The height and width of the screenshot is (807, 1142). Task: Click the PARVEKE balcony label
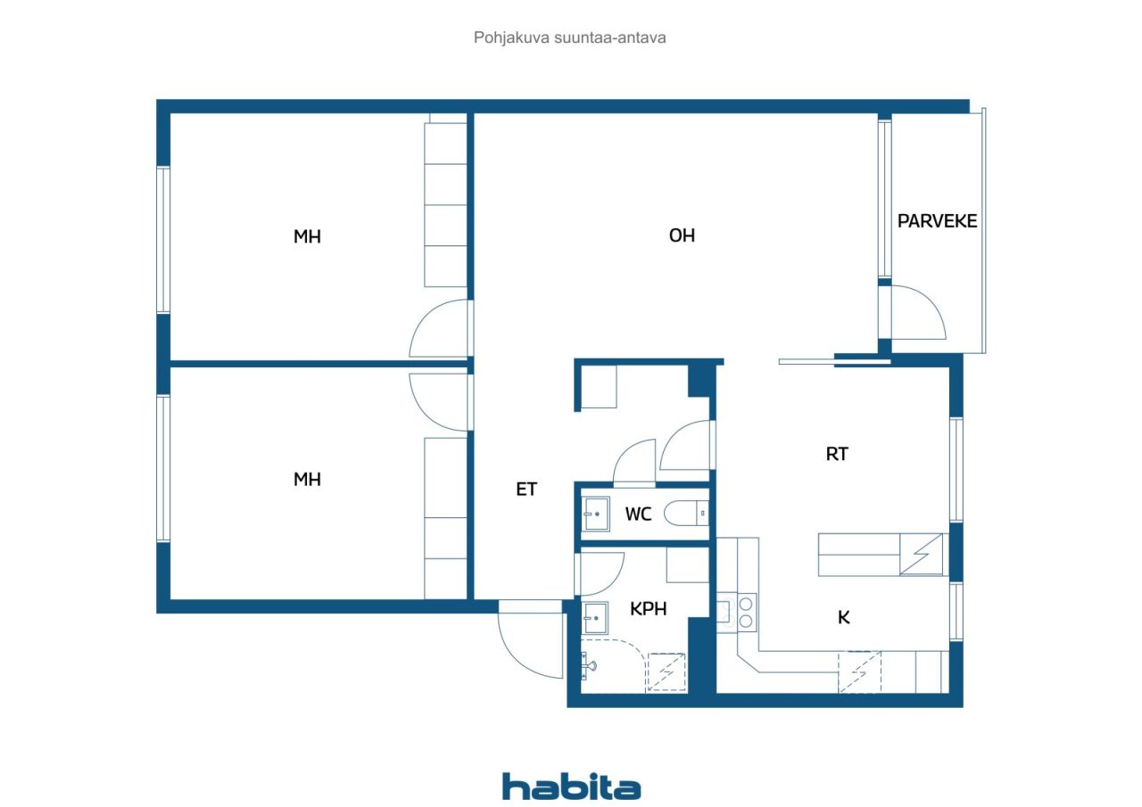click(x=937, y=221)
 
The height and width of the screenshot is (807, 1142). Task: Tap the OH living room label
click(x=682, y=236)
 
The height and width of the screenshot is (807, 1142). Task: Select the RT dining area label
click(x=836, y=454)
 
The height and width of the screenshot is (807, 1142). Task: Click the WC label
click(x=638, y=515)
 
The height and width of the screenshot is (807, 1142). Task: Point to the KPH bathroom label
click(x=649, y=609)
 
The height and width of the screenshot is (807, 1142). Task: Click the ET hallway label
click(x=526, y=489)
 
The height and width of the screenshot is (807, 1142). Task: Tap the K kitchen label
click(x=843, y=616)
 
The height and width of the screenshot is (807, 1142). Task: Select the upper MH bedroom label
click(x=307, y=237)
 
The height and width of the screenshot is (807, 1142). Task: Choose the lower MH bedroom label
click(x=307, y=480)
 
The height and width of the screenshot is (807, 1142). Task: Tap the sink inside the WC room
click(x=595, y=514)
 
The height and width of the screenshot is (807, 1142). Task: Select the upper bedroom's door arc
click(x=437, y=330)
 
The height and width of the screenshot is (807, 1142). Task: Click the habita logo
click(x=571, y=786)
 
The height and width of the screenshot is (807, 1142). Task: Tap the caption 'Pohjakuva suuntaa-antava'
click(x=570, y=38)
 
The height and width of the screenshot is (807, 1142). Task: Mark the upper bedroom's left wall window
click(x=163, y=239)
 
